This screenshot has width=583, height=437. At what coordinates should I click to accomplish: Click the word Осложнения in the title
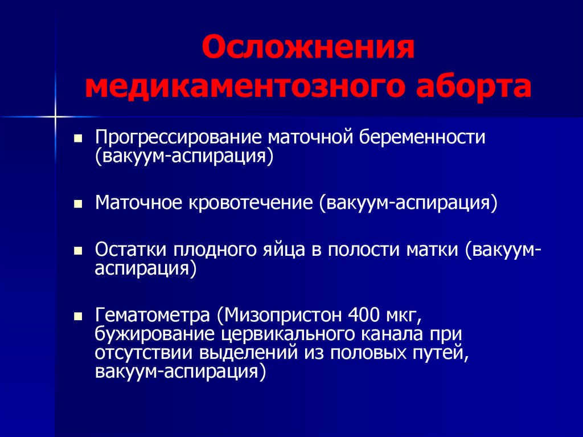point(308,48)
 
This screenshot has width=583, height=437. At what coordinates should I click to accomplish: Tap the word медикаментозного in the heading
point(244,87)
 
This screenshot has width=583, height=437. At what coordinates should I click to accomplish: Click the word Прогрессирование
point(178,138)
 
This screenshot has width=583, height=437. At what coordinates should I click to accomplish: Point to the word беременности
point(422,137)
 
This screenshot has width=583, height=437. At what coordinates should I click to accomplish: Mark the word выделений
point(249,353)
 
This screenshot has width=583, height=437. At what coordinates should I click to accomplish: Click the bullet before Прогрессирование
point(78,139)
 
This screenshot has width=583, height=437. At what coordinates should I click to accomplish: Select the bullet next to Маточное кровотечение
point(78,204)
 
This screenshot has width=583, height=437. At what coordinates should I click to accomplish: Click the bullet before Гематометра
point(78,317)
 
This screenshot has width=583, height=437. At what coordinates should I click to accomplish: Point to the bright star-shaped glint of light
point(55,117)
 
